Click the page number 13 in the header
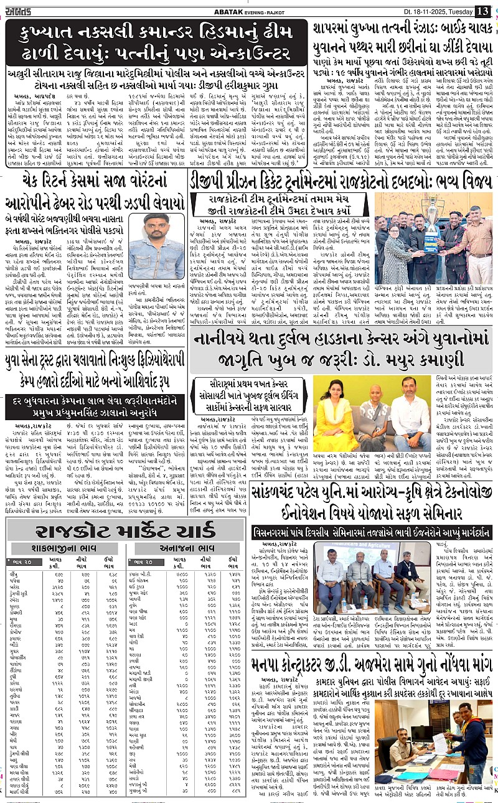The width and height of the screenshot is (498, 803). click(482, 10)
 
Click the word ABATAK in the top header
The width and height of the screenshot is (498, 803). click(241, 11)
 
